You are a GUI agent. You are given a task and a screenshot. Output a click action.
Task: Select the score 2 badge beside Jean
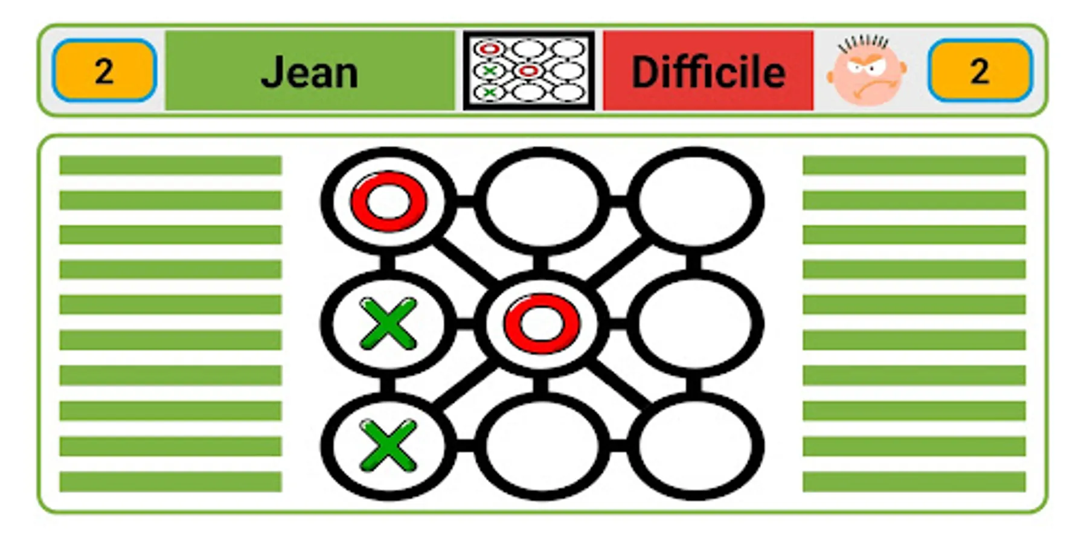coord(104,71)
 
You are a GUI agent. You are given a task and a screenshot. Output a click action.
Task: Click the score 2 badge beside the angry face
coord(980,71)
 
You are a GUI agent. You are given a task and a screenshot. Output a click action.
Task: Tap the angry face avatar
coord(867,71)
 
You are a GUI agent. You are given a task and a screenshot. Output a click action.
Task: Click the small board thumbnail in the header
coord(529,71)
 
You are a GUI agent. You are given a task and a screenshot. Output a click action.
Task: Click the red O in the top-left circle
coord(389,201)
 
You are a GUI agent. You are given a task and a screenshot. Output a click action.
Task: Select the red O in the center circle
coord(542,323)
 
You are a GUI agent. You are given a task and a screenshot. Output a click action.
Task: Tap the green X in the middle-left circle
coord(388,323)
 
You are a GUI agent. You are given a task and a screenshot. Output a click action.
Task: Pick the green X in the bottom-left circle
coord(388,446)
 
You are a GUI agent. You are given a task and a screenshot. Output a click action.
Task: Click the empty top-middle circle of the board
coord(542,200)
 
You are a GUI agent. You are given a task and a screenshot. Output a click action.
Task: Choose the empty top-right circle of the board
coord(695,200)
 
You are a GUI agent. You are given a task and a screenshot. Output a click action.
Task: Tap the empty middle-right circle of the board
coord(695,323)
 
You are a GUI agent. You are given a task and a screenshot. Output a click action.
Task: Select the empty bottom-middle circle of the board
coord(542,446)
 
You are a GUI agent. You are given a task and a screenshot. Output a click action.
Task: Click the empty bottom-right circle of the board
coord(695,446)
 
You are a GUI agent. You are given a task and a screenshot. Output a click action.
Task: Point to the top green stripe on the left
coord(170,165)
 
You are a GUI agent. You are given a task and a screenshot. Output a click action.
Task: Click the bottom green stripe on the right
coord(914,482)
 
